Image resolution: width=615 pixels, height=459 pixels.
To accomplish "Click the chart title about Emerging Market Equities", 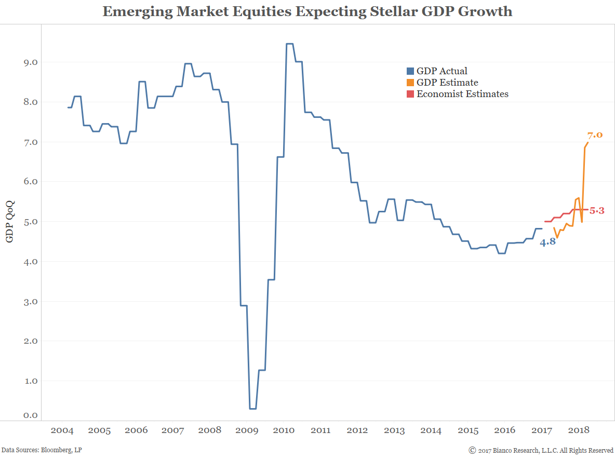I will (x=307, y=11).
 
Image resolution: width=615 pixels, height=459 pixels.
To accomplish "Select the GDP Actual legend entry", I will (x=442, y=71).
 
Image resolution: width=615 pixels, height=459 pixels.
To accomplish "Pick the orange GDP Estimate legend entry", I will (x=447, y=83).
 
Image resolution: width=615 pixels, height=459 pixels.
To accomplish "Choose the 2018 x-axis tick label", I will (x=579, y=430).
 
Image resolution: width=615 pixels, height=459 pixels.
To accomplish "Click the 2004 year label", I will (x=62, y=430).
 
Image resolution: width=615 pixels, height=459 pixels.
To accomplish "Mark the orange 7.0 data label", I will (x=595, y=135).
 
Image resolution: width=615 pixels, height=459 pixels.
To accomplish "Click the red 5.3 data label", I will (x=597, y=211).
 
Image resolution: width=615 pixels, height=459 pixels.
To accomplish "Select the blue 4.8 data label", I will (x=547, y=242).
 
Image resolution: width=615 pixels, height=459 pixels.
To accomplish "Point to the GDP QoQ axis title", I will (x=9, y=222).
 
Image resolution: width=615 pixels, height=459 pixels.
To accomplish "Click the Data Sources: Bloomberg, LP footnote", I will (x=42, y=450).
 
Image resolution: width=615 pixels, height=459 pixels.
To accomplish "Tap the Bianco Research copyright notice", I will (x=541, y=450).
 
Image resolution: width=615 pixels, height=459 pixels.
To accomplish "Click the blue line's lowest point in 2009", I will (x=252, y=409).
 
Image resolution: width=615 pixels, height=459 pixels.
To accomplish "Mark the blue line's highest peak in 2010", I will (x=290, y=44).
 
